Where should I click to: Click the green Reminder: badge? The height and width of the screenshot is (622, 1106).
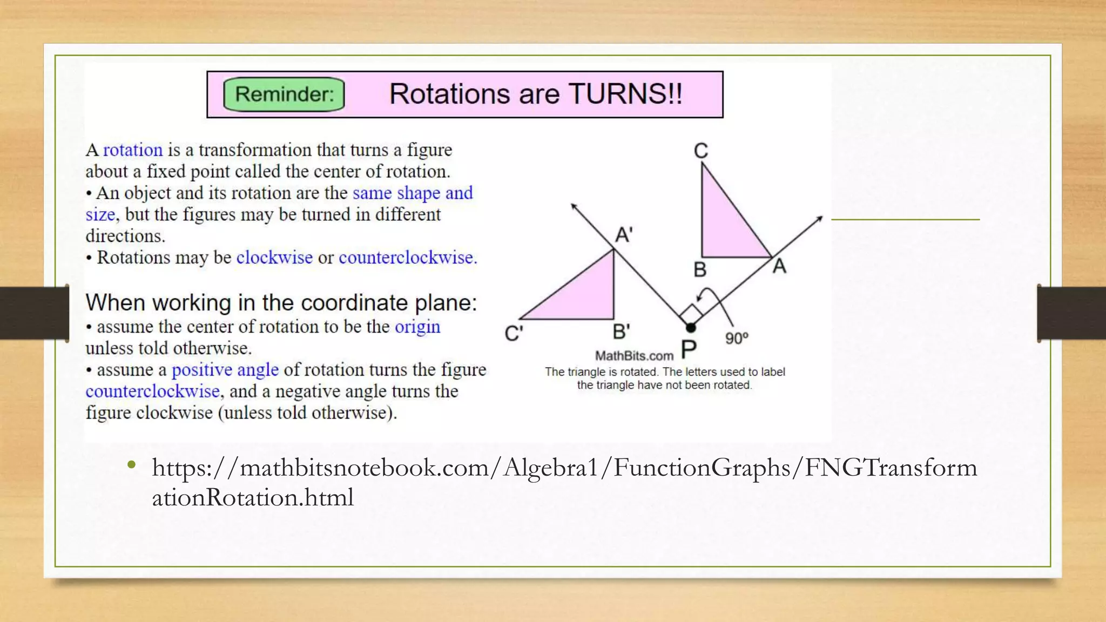[284, 94]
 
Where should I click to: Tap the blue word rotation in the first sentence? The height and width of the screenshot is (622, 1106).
[133, 150]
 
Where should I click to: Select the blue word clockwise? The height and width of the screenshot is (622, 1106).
[274, 257]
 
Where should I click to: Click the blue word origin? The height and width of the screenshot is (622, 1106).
[417, 327]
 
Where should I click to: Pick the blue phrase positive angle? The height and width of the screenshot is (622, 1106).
[225, 370]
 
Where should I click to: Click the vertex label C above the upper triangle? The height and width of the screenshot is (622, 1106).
[700, 151]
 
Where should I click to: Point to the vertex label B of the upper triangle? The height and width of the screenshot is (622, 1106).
[699, 269]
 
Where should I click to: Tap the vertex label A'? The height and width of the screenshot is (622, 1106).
[624, 235]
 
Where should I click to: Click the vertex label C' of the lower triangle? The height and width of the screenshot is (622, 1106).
[513, 334]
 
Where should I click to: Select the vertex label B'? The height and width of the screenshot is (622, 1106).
[621, 332]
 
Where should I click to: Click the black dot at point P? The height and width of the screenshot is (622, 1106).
[690, 327]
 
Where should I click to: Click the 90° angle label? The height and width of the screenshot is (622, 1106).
[737, 339]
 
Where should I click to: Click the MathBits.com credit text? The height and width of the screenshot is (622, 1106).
[634, 356]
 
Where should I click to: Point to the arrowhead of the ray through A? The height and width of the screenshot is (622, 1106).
[819, 219]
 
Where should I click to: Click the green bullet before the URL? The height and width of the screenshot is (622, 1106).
[131, 465]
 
